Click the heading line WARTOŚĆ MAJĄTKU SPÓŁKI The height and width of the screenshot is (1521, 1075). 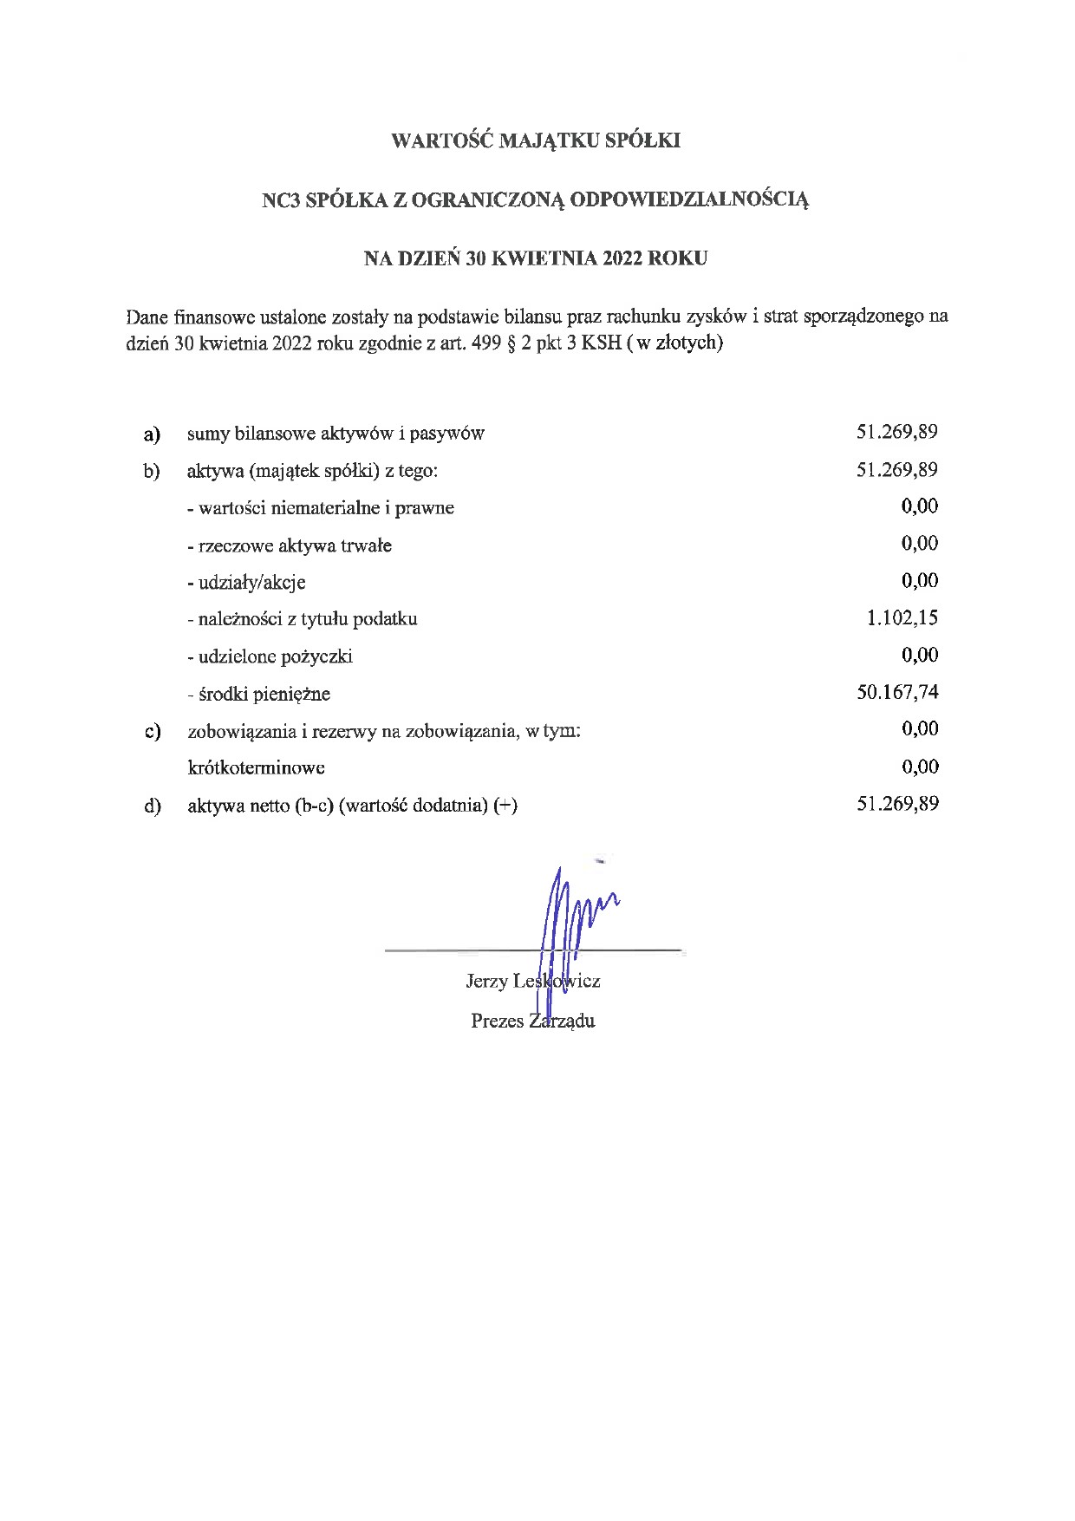[x=536, y=141]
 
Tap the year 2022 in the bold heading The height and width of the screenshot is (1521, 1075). [x=615, y=258]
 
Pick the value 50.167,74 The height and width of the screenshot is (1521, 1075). [x=897, y=692]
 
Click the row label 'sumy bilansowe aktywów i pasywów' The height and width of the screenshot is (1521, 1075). [x=336, y=434]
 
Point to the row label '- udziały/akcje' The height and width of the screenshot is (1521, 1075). [x=246, y=582]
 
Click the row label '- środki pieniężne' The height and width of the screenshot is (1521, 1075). [x=258, y=694]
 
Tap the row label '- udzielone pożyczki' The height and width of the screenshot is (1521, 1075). [x=270, y=656]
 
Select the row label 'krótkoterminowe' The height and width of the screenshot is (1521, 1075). [x=256, y=767]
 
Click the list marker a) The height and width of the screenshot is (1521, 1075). [x=153, y=434]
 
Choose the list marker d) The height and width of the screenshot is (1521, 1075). [x=153, y=806]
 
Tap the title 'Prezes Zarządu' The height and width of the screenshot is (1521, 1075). [x=532, y=1021]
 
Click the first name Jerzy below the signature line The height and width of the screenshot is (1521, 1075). [x=486, y=982]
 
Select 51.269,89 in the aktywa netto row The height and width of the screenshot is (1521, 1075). [x=897, y=804]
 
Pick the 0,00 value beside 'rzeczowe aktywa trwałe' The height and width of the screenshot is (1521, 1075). [x=919, y=544]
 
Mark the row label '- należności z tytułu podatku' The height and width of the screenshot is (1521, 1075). [x=302, y=619]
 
